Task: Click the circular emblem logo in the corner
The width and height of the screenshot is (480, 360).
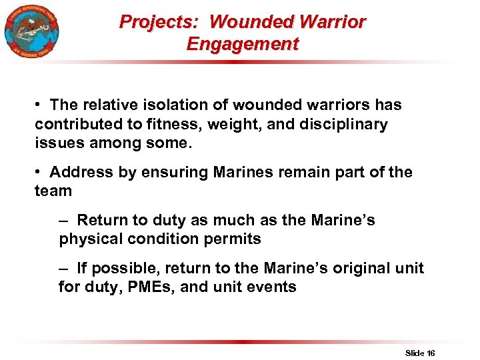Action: tap(31, 31)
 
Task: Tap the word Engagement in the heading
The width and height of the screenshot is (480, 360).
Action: tap(243, 45)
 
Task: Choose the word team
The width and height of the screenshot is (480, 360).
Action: tap(53, 191)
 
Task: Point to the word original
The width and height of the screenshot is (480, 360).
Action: tap(356, 269)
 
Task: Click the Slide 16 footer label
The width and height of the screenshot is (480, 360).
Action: tap(420, 353)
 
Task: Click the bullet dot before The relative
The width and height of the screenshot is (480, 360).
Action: tap(41, 105)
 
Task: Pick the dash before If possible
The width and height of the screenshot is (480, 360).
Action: tap(64, 269)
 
